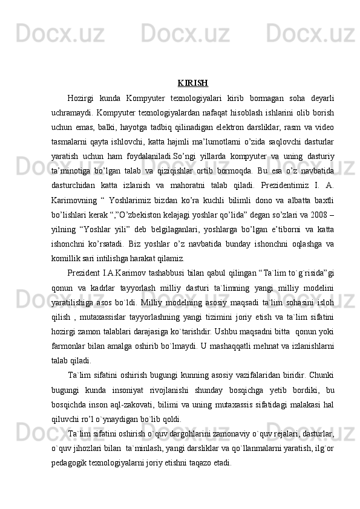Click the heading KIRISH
point(193,83)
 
